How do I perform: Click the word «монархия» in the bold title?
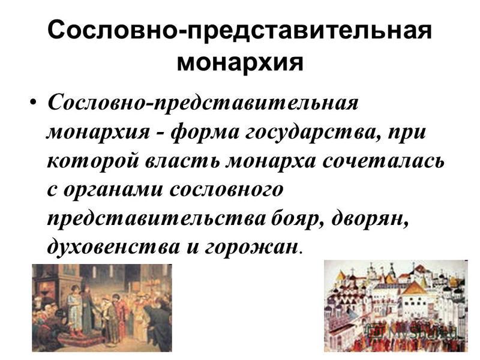coord(240,62)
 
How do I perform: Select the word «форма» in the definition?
coord(204,133)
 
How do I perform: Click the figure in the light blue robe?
coord(74,308)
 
